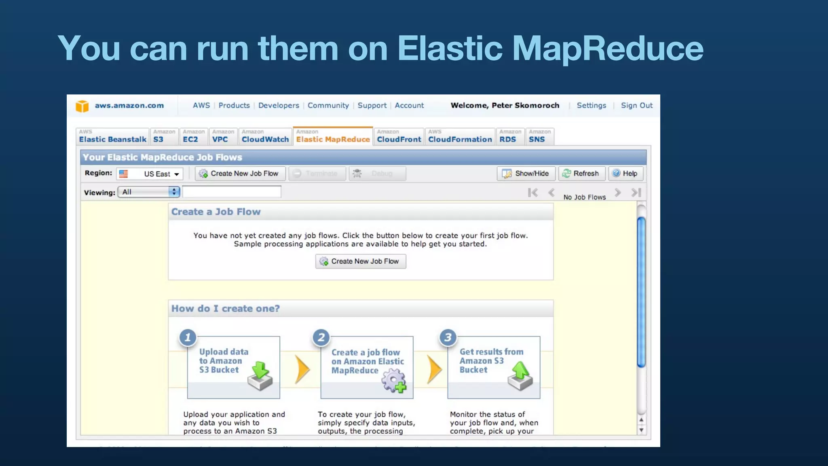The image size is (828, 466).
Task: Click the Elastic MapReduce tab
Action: (333, 137)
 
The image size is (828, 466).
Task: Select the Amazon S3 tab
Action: (164, 137)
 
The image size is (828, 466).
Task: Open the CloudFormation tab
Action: (460, 137)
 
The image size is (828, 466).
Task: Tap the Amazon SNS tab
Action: (539, 137)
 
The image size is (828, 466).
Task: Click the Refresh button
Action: (581, 174)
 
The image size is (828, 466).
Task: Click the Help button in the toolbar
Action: (625, 174)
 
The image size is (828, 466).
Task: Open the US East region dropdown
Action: (150, 174)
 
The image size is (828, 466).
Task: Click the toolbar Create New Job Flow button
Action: (240, 174)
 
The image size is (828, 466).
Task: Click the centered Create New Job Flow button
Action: (360, 261)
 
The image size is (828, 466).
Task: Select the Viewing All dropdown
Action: (148, 192)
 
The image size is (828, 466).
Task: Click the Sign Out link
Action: (636, 106)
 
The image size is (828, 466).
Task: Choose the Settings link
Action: (591, 106)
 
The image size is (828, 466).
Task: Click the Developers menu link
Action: (279, 106)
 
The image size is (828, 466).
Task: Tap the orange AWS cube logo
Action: (82, 106)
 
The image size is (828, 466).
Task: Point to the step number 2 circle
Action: (321, 337)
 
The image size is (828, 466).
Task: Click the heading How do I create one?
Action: (225, 309)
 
